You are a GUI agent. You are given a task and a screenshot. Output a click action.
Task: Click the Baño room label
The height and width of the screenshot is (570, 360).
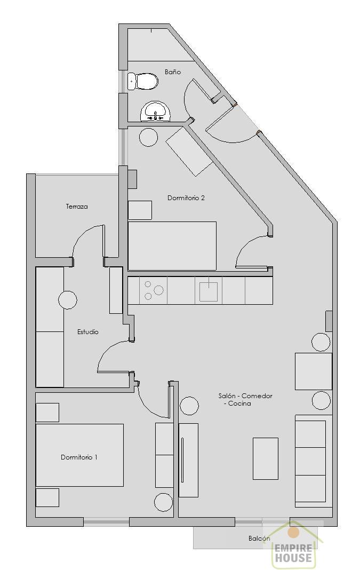(x=173, y=72)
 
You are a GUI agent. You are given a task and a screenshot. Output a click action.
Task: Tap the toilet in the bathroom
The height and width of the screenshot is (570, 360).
(x=143, y=81)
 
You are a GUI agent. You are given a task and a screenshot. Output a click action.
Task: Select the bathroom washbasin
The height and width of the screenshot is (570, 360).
(x=155, y=111)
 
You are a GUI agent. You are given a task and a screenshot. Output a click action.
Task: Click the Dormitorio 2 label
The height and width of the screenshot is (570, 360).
(x=186, y=198)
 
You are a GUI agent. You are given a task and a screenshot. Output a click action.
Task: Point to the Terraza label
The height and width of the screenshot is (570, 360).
(x=77, y=207)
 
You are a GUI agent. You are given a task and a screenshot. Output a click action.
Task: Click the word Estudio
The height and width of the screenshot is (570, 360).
(x=88, y=332)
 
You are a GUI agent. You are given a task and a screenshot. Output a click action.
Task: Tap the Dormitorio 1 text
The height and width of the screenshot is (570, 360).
(x=79, y=457)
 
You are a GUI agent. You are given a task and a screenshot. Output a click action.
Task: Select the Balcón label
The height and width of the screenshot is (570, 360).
(x=259, y=539)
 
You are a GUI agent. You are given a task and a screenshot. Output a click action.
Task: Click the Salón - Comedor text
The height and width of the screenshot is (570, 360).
(x=245, y=396)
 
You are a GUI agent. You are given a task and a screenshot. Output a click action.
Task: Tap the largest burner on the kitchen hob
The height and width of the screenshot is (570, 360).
(x=159, y=290)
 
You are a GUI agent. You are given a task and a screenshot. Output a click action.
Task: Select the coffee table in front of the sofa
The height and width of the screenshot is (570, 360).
(x=266, y=458)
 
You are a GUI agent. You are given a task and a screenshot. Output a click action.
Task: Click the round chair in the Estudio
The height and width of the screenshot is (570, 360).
(x=68, y=300)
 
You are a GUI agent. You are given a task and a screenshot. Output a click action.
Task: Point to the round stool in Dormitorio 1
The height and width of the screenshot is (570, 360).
(x=164, y=502)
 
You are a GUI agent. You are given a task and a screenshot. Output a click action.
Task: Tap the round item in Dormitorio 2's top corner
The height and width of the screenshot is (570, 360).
(x=149, y=137)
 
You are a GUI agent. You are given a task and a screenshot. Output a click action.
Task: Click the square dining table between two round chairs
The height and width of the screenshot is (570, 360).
(x=314, y=371)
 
